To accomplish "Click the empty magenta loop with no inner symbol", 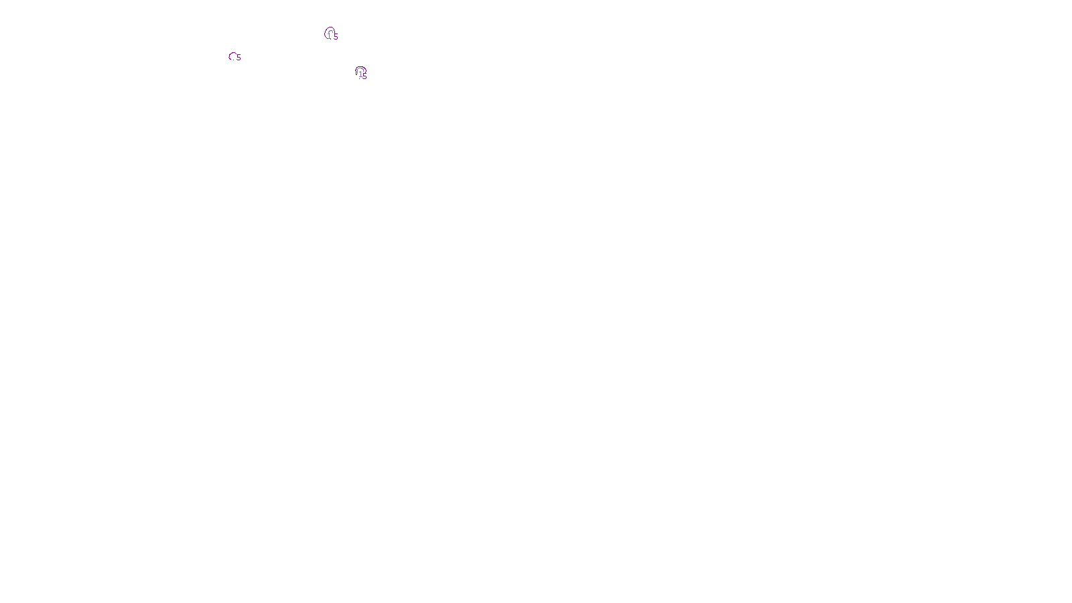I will click(232, 56).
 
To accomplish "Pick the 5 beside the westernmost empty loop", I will click(239, 58).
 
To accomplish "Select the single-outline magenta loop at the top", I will click(329, 32).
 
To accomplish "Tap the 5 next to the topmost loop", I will click(336, 37).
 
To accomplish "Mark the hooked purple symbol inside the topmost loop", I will click(330, 33).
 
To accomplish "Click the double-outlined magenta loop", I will click(360, 71).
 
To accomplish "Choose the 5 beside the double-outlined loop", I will click(365, 76).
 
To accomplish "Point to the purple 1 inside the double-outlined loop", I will click(360, 73).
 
